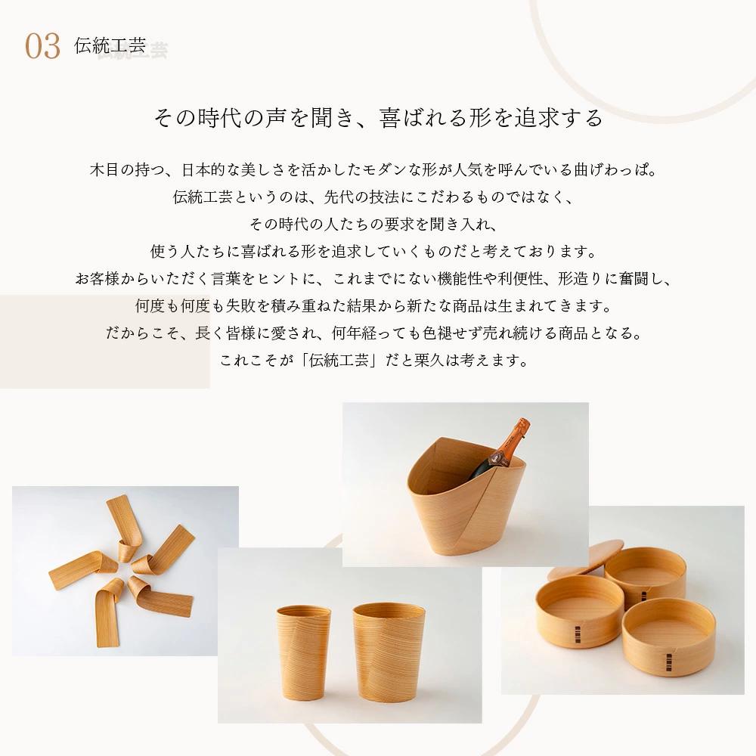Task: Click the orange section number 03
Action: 42,46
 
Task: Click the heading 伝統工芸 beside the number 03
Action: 110,45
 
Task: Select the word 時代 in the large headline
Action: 219,118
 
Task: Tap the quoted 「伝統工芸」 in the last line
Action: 339,360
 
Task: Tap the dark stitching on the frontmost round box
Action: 668,660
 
